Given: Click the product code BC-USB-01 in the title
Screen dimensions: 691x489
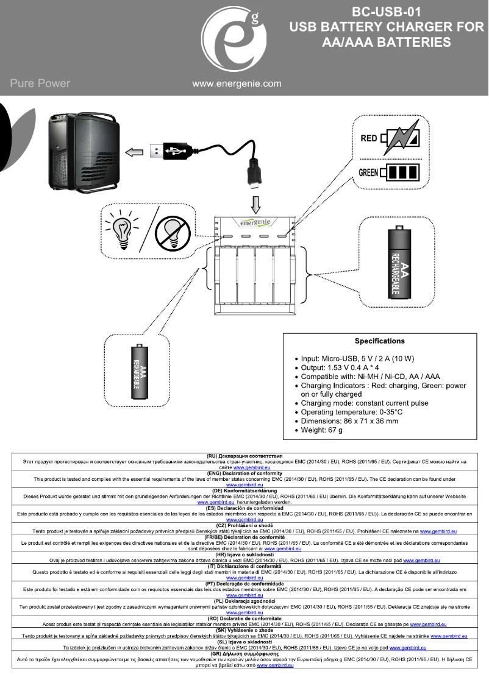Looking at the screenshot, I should [x=387, y=12].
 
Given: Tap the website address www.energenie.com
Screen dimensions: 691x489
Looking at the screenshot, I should [x=237, y=83].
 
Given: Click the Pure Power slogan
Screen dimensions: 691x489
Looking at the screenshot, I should [x=40, y=83].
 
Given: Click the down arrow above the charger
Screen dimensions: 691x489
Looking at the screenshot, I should [x=255, y=200].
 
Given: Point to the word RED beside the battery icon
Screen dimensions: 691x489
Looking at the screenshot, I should [x=368, y=138].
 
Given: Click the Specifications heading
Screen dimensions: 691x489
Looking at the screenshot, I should [x=379, y=341].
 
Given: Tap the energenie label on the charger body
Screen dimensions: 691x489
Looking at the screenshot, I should [x=255, y=221].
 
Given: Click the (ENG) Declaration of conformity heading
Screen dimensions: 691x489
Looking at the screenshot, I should [x=244, y=473].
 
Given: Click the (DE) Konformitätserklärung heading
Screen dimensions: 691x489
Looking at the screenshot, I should [x=244, y=490].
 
